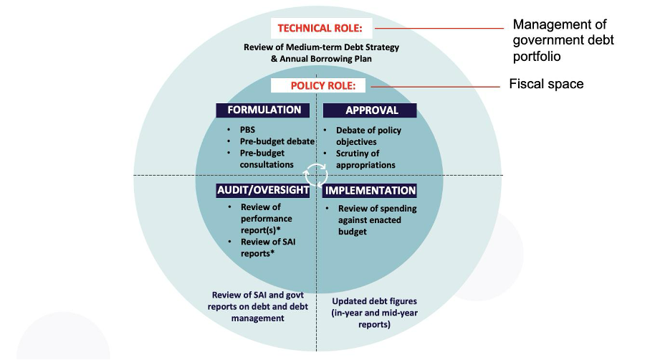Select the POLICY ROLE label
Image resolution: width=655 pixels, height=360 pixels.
click(x=317, y=86)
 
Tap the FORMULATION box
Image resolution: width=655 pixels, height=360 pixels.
click(x=264, y=110)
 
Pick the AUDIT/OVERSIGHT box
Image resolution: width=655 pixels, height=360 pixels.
click(x=264, y=191)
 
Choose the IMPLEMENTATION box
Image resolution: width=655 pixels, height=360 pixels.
click(x=370, y=191)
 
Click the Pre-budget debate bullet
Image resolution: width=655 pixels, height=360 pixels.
click(x=277, y=141)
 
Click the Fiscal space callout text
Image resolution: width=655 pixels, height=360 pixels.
click(x=546, y=85)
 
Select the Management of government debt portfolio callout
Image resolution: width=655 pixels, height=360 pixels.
click(x=563, y=40)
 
